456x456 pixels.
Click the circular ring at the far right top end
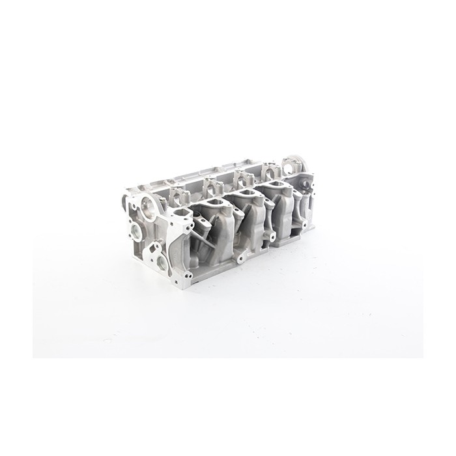coord(295,164)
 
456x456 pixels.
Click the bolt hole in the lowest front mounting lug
coord(242,259)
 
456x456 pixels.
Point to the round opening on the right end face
coord(308,183)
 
